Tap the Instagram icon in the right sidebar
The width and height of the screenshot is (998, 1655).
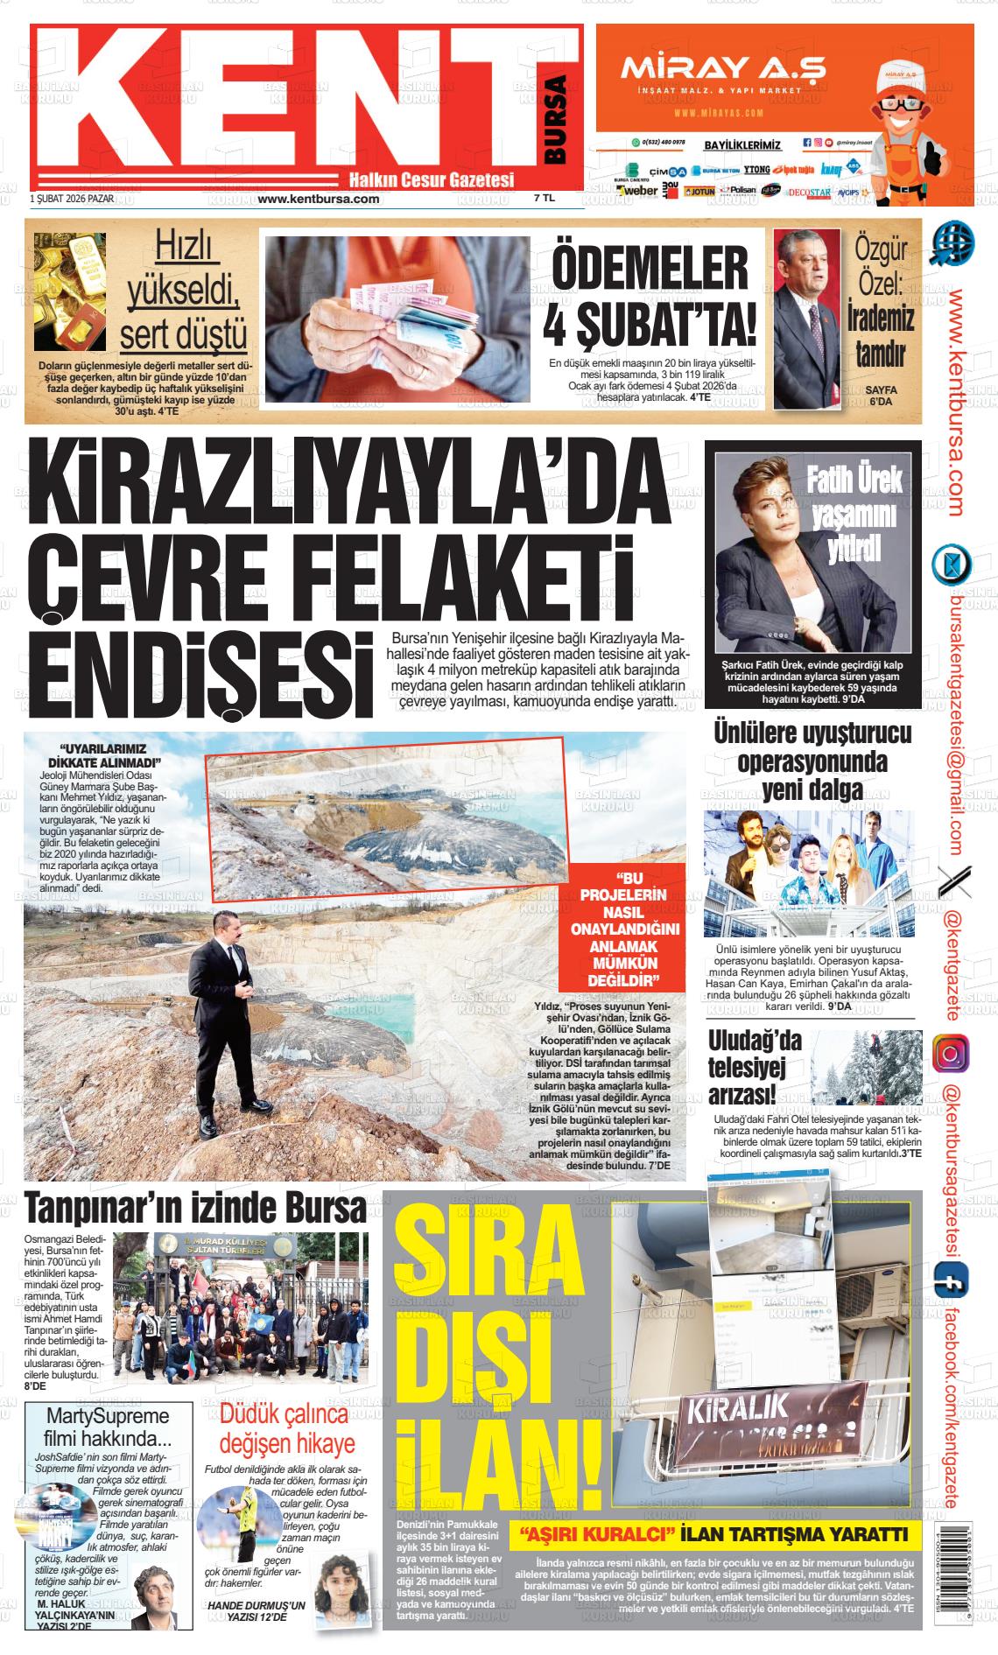tap(949, 1053)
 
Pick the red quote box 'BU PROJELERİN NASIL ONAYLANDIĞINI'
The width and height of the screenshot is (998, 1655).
tap(622, 928)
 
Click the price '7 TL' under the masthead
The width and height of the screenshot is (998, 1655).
tap(544, 199)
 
